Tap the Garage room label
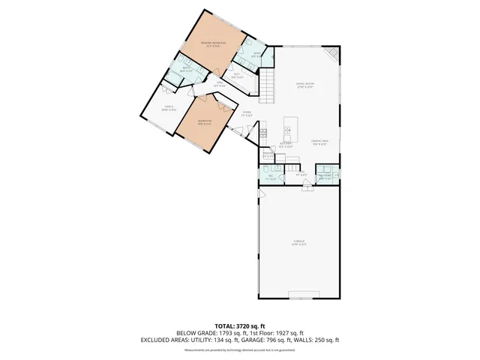(299, 242)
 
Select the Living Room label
(304, 85)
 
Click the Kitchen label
(286, 144)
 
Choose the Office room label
(169, 109)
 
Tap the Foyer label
(246, 114)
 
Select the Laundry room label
(325, 178)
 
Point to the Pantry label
(268, 155)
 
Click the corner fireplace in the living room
(332, 54)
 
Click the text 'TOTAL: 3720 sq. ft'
(239, 325)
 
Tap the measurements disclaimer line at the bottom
(239, 349)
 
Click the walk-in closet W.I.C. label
(236, 74)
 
